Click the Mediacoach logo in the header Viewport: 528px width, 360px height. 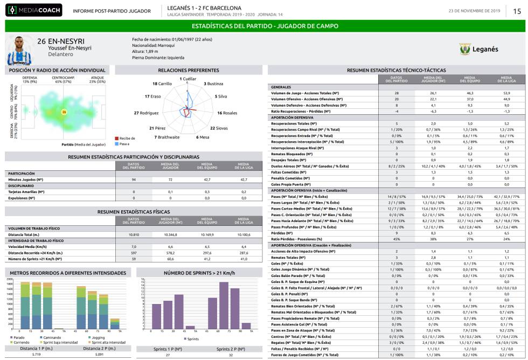[34, 10]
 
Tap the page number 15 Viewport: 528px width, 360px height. [517, 10]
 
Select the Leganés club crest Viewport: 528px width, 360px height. [465, 49]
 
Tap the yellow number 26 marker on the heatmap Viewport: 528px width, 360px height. [64, 112]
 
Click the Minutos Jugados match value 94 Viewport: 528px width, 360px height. [134, 179]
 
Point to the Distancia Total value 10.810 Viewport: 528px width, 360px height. [134, 235]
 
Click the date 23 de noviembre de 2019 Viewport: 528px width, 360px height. [474, 11]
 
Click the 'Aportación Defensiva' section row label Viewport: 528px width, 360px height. [293, 116]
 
